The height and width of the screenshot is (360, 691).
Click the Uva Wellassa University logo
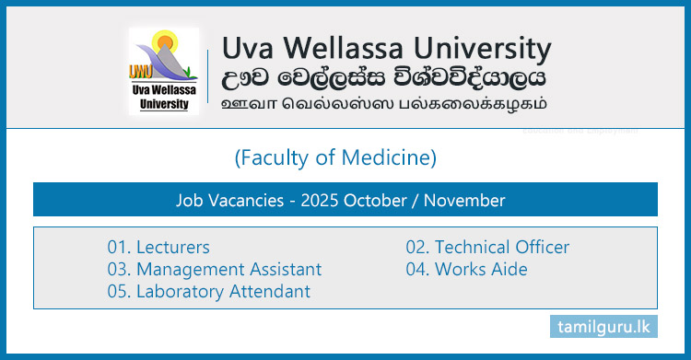tap(165, 70)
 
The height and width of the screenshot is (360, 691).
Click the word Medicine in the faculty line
tap(391, 158)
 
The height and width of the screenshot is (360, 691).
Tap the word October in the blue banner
tap(374, 199)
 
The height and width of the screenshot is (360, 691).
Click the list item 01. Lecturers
tap(158, 247)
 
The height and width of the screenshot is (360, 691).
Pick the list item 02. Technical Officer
tap(487, 247)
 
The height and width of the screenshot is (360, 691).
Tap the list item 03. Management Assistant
tap(215, 269)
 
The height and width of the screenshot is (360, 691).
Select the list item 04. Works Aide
tap(467, 269)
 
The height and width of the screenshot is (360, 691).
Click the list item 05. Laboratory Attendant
tap(208, 291)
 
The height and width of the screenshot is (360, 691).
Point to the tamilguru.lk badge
tap(609, 327)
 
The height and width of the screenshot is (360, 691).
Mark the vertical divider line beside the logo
tap(210, 72)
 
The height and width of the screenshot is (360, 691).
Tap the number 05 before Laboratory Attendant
tap(117, 291)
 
